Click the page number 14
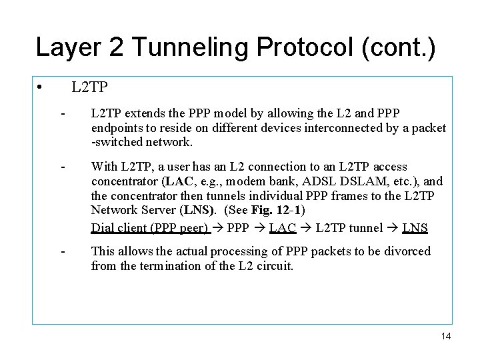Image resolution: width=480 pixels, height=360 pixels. coord(445,336)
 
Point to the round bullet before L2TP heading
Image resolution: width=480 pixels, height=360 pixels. coord(41,88)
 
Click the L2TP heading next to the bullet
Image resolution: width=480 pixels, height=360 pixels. coord(89,87)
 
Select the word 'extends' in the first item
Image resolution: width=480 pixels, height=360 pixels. coord(146,113)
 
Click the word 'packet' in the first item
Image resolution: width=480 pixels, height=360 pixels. coord(429,128)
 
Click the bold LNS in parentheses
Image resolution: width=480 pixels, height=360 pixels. coord(199,209)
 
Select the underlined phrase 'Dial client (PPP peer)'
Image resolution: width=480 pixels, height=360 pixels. coord(150,227)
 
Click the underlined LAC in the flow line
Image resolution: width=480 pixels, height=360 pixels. coord(283,227)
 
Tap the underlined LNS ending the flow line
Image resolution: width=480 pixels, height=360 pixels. coord(415,227)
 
